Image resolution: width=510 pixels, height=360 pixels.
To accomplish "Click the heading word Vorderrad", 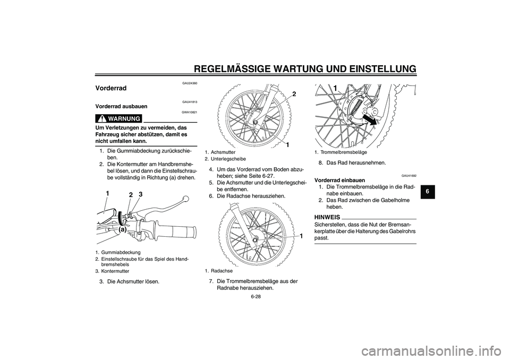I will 111,88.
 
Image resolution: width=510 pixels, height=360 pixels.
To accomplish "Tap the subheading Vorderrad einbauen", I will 339,180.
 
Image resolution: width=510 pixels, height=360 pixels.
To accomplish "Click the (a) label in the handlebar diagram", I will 123,230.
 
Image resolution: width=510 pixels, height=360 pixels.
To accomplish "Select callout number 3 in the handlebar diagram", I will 141,194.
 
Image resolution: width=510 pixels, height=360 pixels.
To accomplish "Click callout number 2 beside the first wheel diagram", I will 293,94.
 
